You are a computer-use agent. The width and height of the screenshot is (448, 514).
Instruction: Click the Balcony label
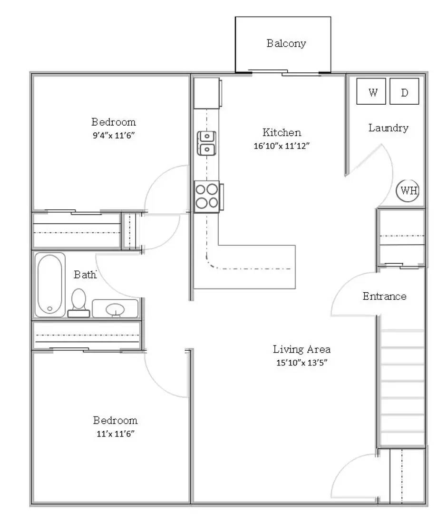tap(286, 44)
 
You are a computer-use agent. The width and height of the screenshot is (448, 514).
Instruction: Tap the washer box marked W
tap(373, 92)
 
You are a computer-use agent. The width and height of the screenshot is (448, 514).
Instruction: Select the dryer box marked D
tap(404, 92)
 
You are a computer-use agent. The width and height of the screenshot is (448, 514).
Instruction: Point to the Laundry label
tap(388, 128)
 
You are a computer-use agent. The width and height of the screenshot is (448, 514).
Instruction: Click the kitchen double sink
tap(207, 143)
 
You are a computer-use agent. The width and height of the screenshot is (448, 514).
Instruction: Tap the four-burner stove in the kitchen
tap(207, 196)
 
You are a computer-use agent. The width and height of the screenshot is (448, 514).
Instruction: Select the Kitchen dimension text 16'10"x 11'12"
tap(282, 147)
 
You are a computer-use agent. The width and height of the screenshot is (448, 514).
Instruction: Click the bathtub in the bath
tap(50, 285)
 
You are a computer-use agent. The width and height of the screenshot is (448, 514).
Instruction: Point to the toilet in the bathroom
tap(78, 302)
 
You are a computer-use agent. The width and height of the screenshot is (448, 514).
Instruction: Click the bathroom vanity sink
tap(115, 309)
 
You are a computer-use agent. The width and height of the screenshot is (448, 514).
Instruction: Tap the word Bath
tap(85, 275)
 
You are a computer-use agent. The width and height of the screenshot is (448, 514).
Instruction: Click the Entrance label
tap(384, 297)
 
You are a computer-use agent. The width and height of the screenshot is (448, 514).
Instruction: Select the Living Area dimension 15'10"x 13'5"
tap(302, 363)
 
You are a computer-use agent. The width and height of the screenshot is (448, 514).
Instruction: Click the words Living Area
tap(302, 349)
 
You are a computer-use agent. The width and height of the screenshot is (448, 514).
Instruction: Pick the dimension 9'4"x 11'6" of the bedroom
tap(114, 135)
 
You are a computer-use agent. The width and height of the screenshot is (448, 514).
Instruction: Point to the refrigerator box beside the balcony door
tap(206, 93)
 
